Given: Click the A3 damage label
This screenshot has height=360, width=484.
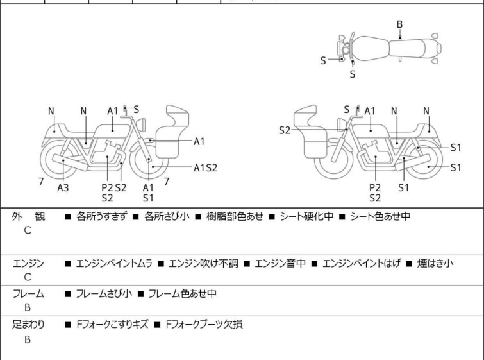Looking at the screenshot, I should pyautogui.click(x=63, y=188).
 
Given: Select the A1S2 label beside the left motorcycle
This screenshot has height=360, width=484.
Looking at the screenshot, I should pyautogui.click(x=206, y=168).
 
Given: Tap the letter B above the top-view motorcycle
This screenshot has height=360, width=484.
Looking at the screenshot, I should pyautogui.click(x=399, y=24).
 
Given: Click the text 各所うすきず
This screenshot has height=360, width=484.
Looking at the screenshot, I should pyautogui.click(x=103, y=217).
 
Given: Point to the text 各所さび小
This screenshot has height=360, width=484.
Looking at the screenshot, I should pyautogui.click(x=167, y=217).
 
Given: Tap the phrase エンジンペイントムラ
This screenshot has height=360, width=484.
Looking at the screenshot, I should pyautogui.click(x=112, y=262).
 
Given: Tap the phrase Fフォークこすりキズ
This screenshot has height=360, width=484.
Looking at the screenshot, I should pyautogui.click(x=112, y=325).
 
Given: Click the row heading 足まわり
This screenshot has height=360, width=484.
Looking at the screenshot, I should pyautogui.click(x=28, y=325).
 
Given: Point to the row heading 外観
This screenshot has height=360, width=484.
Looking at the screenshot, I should pyautogui.click(x=28, y=217).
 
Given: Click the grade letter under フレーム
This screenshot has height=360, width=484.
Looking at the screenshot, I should pyautogui.click(x=28, y=308).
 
